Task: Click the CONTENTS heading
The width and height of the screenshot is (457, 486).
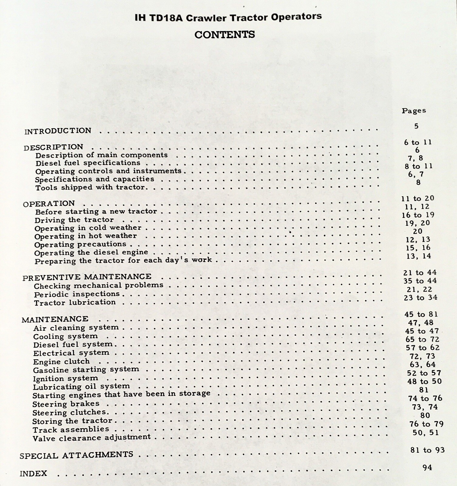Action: tap(225, 35)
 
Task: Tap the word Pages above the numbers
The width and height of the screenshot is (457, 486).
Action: tap(414, 111)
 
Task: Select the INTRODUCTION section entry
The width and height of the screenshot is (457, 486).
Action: tap(58, 131)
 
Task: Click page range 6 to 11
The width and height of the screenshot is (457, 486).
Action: tap(418, 142)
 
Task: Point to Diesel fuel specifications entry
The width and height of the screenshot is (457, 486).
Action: tap(88, 163)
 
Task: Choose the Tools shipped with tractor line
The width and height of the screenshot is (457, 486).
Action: tap(91, 187)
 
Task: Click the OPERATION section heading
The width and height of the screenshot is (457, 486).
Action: tap(49, 204)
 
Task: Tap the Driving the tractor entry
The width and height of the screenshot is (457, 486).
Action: tap(74, 220)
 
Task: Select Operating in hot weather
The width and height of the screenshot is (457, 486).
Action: tap(85, 236)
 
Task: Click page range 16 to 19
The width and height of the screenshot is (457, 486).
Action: tap(418, 215)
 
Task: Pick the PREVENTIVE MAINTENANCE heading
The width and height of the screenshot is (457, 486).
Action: tap(87, 277)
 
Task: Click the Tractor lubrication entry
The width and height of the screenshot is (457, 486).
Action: tap(75, 303)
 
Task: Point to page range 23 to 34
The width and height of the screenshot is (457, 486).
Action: tap(420, 298)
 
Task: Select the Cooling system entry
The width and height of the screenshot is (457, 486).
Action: tap(65, 336)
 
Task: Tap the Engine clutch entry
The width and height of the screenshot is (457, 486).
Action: tap(61, 361)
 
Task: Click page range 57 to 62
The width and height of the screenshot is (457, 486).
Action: tap(422, 348)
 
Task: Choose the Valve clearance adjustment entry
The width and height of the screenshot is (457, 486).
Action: tap(91, 438)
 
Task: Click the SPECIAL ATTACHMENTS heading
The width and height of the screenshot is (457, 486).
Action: tap(76, 455)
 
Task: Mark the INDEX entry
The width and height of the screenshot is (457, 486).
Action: tap(33, 474)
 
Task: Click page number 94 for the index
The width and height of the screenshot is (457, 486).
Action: tap(427, 467)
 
